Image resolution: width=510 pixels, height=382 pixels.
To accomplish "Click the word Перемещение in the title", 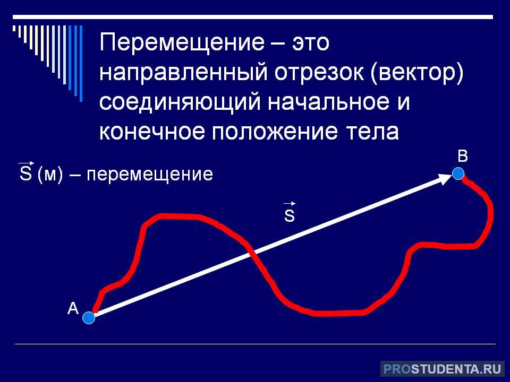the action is click(182, 43).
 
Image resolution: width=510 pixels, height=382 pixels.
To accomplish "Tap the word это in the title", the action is click(311, 43).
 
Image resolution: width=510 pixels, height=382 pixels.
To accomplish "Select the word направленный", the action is click(184, 73).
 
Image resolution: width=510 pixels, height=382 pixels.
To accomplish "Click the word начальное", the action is click(328, 102).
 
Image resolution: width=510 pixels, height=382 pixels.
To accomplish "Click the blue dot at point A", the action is click(89, 317).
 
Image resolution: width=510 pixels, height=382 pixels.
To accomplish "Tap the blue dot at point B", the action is click(458, 173).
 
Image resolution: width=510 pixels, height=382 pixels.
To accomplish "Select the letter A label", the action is click(73, 308).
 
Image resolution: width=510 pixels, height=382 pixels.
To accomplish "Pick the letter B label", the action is click(463, 156).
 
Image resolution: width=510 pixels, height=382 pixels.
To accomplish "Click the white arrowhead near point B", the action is click(445, 179).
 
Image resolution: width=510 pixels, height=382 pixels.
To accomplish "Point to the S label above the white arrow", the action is click(289, 212).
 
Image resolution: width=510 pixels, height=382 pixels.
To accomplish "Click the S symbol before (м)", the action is click(25, 171).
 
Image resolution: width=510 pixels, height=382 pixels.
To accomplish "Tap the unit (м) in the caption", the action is click(50, 174).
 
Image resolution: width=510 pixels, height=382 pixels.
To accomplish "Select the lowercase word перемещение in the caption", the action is click(150, 175).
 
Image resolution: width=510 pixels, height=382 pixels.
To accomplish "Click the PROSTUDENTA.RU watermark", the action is click(443, 369).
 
